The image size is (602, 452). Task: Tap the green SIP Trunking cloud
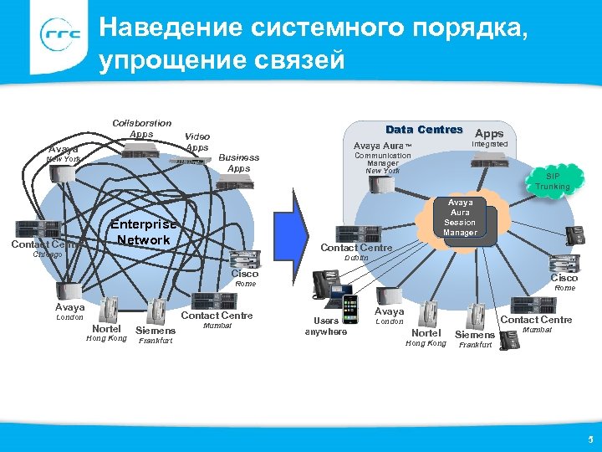[x=553, y=181]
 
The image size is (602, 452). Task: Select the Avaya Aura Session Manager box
[x=459, y=218]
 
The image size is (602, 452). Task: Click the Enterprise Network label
[x=145, y=233]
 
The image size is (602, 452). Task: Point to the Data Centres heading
[x=424, y=130]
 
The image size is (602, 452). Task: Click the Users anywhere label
[x=325, y=326]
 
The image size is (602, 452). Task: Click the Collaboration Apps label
[x=141, y=128]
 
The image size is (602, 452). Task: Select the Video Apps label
[x=197, y=141]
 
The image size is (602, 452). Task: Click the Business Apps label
[x=238, y=162]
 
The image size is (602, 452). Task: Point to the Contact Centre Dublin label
[x=356, y=252]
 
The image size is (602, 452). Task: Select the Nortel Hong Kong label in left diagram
[x=106, y=333]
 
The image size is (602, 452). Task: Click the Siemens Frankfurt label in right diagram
[x=474, y=339]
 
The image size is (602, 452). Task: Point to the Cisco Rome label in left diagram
[x=245, y=278]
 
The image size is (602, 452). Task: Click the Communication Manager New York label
[x=383, y=162]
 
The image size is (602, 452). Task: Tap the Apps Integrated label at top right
[x=489, y=138]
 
